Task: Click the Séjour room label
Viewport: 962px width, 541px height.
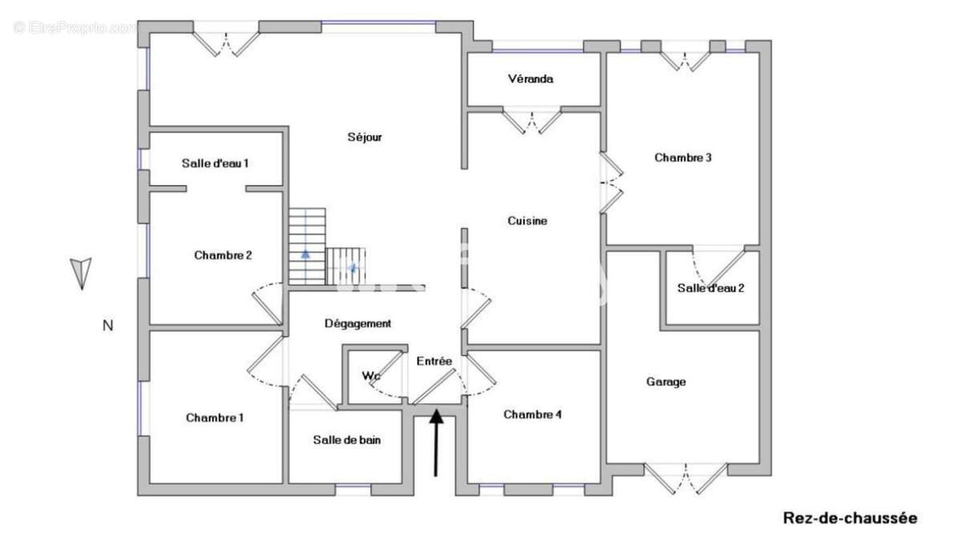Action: (x=365, y=137)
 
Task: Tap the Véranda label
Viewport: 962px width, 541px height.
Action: (x=531, y=79)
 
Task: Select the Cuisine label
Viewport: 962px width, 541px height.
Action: (x=527, y=221)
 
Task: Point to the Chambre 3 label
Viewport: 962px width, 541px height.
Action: (x=683, y=158)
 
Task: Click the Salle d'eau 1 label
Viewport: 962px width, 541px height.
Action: (x=215, y=164)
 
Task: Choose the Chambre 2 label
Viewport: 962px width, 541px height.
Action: (x=223, y=256)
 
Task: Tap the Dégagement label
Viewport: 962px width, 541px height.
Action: (x=358, y=324)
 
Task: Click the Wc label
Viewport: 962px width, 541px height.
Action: (x=371, y=376)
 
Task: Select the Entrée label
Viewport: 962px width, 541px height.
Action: (x=435, y=361)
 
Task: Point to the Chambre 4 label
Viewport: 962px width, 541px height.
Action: (x=532, y=414)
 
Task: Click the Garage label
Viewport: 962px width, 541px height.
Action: (x=666, y=382)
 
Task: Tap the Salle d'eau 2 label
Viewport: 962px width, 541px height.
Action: (x=711, y=288)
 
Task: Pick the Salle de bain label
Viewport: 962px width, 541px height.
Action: (x=347, y=440)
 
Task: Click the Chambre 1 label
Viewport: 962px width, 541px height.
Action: (x=215, y=418)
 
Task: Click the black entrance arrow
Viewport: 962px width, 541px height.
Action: (x=436, y=442)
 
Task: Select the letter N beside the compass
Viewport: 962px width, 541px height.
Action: (x=107, y=326)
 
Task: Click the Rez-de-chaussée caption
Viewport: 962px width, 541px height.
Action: (x=850, y=519)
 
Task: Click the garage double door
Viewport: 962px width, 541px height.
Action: (x=685, y=478)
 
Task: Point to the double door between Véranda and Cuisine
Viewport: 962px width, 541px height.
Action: (x=532, y=122)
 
